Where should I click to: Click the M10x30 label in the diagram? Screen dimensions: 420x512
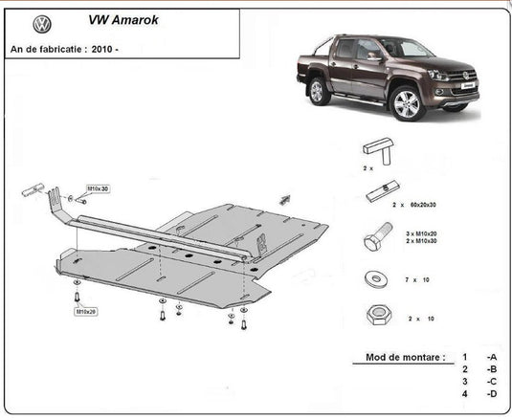tap(99, 189)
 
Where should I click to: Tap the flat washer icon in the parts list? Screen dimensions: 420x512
tap(373, 279)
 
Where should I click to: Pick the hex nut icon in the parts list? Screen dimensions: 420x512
tap(373, 316)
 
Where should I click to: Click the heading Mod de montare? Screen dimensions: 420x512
tap(406, 358)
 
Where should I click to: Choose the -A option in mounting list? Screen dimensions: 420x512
tap(491, 358)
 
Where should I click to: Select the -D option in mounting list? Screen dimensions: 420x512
tap(491, 393)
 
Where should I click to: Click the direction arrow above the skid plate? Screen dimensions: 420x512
tap(284, 199)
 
